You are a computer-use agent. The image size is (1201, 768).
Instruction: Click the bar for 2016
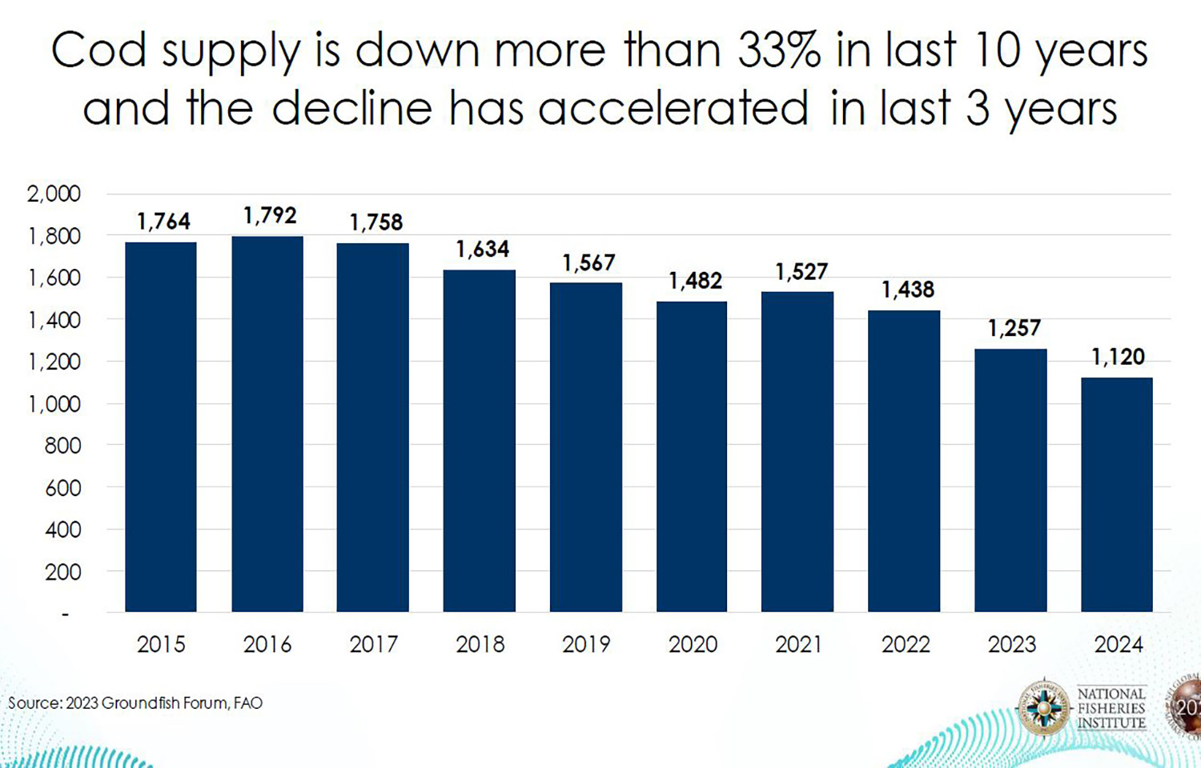(267, 424)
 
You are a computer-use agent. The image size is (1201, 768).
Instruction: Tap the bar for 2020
(692, 456)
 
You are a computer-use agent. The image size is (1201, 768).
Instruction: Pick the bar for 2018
(480, 441)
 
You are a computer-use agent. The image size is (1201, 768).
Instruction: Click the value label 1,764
(163, 222)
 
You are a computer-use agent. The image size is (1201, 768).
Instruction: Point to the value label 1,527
(801, 272)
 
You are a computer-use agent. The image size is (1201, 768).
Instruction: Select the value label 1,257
(1014, 328)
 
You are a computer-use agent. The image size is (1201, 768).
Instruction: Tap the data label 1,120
(1118, 357)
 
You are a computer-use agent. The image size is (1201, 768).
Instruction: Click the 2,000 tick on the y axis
(54, 194)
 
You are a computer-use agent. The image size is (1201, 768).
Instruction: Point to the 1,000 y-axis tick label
(54, 404)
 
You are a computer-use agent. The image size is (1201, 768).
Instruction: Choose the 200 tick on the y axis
(62, 572)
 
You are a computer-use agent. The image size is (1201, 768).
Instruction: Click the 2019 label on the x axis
(586, 644)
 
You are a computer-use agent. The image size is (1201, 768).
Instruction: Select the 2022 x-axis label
(906, 644)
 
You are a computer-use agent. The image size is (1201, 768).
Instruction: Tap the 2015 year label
(161, 644)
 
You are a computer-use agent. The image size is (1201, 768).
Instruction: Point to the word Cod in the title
(98, 50)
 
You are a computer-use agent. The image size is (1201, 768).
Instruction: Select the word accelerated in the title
(673, 108)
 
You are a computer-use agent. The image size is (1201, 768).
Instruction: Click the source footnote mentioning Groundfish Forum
(135, 703)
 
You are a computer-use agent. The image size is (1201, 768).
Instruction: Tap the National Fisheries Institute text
(1111, 708)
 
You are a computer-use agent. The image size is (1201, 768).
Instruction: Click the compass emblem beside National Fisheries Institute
(1044, 708)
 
